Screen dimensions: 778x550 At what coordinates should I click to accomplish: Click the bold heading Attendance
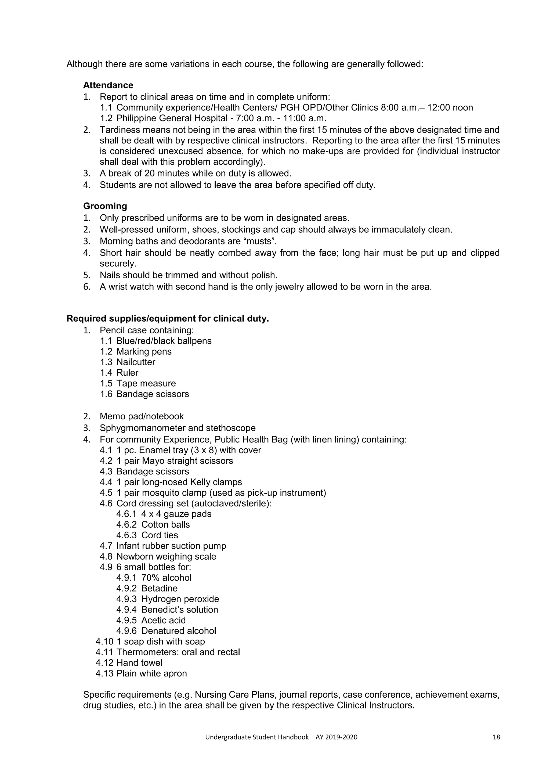point(108,85)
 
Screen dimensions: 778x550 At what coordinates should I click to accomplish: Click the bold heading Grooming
point(105,206)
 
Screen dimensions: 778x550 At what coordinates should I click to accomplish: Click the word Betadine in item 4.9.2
point(159,588)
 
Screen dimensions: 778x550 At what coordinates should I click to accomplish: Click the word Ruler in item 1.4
point(127,373)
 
